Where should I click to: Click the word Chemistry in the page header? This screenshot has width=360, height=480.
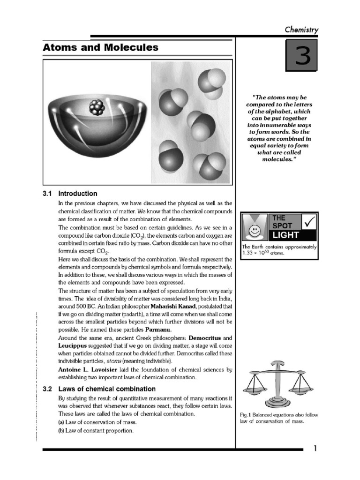click(301, 30)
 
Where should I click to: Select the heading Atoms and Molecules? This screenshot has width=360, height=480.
click(100, 48)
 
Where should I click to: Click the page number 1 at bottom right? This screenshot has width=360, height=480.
click(315, 449)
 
